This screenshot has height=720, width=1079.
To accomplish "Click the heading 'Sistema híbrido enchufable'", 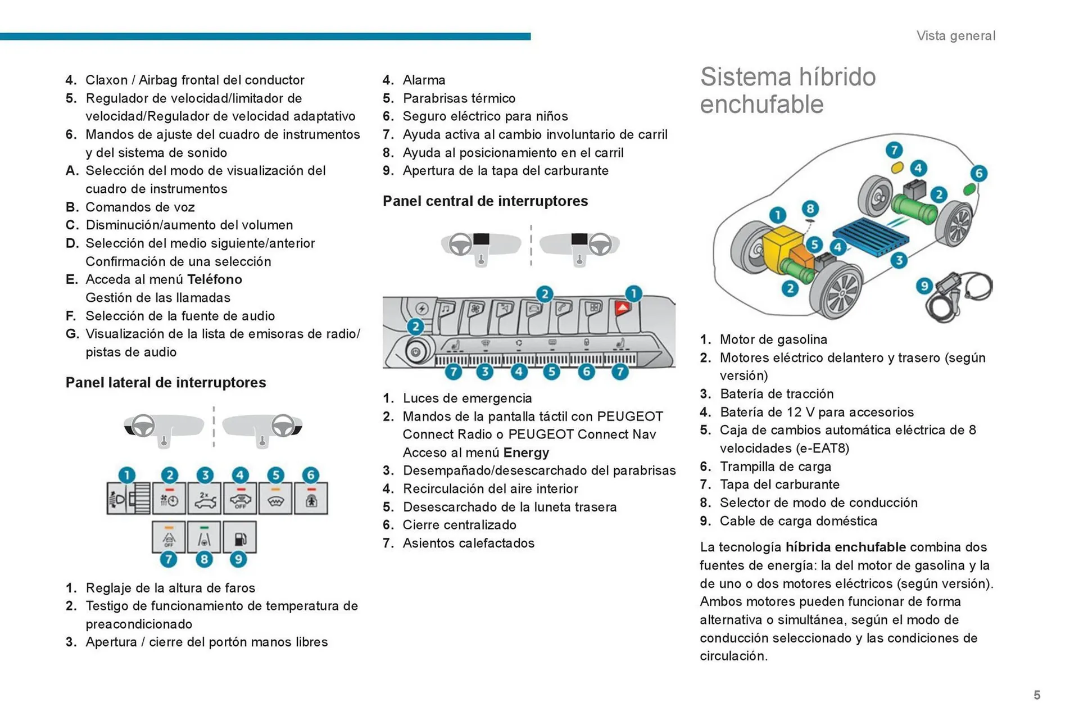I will (x=787, y=90).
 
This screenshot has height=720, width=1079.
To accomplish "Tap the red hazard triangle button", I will (x=623, y=308).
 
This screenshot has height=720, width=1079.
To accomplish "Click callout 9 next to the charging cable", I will (x=923, y=286).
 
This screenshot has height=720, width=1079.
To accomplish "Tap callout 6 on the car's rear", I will (x=978, y=173).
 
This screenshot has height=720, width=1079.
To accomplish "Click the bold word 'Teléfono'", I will (x=214, y=279).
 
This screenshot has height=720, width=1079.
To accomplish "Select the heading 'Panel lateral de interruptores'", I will (x=166, y=383).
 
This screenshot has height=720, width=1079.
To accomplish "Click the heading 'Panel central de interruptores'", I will (x=485, y=201).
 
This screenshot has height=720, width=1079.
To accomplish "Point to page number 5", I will (x=1037, y=695).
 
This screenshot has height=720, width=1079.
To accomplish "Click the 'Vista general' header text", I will (x=955, y=36).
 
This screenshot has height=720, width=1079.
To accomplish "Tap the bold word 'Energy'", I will (x=526, y=453).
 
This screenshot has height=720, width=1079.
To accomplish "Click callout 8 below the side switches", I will (x=204, y=559).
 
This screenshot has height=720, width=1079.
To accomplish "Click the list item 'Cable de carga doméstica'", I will (x=798, y=521).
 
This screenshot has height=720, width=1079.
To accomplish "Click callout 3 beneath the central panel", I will (x=484, y=372).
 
